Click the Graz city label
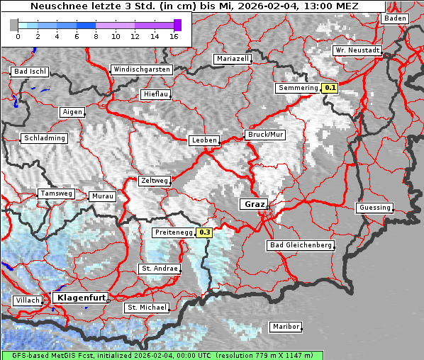[x=252, y=204]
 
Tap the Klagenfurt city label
[x=79, y=298]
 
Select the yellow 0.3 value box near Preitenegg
[x=205, y=232]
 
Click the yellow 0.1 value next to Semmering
[x=330, y=88]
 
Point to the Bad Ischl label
[x=30, y=72]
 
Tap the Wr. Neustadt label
[x=357, y=51]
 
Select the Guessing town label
[x=374, y=208]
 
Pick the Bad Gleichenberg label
[x=300, y=245]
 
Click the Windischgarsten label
[x=141, y=69]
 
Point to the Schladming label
[x=44, y=138]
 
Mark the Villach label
[x=27, y=300]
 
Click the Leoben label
[x=203, y=140]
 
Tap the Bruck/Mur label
[x=265, y=134]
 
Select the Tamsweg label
[x=55, y=193]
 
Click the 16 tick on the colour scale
[x=174, y=35]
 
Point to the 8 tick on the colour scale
[x=96, y=35]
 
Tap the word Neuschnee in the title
[x=55, y=6]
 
